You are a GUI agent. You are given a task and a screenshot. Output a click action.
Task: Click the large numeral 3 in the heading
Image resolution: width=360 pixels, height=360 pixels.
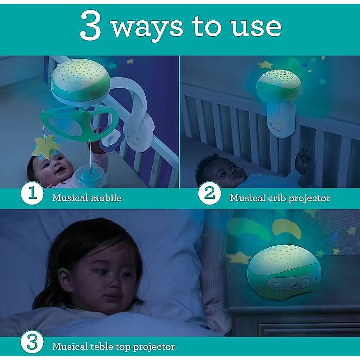[x=90, y=25]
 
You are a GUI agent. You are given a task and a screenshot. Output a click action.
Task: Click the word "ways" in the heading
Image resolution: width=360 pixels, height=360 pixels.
[x=147, y=28]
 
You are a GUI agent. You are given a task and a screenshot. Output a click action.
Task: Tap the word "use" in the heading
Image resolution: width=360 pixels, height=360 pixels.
[x=256, y=27]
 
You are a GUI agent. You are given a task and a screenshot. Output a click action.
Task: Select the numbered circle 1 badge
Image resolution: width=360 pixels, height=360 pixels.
[x=32, y=194]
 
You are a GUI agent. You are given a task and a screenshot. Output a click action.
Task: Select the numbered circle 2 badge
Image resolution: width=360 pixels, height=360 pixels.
[x=210, y=194]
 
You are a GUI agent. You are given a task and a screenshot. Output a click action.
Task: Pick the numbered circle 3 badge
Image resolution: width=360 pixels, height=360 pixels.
[x=32, y=342]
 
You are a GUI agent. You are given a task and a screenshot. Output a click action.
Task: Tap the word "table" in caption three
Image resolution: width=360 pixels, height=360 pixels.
[x=101, y=346]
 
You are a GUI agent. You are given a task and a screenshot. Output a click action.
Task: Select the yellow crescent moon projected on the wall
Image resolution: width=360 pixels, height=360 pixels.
[x=286, y=228]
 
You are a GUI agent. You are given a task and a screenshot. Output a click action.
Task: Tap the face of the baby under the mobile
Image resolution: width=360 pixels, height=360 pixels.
[x=52, y=168]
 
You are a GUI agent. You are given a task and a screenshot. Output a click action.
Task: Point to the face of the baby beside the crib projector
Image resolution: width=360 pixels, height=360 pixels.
[x=227, y=171]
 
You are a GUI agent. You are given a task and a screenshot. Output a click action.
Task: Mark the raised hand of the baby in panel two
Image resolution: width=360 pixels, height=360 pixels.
[x=303, y=158]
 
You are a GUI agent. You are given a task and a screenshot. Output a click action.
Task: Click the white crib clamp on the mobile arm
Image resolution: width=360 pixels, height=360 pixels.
[x=140, y=132]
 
